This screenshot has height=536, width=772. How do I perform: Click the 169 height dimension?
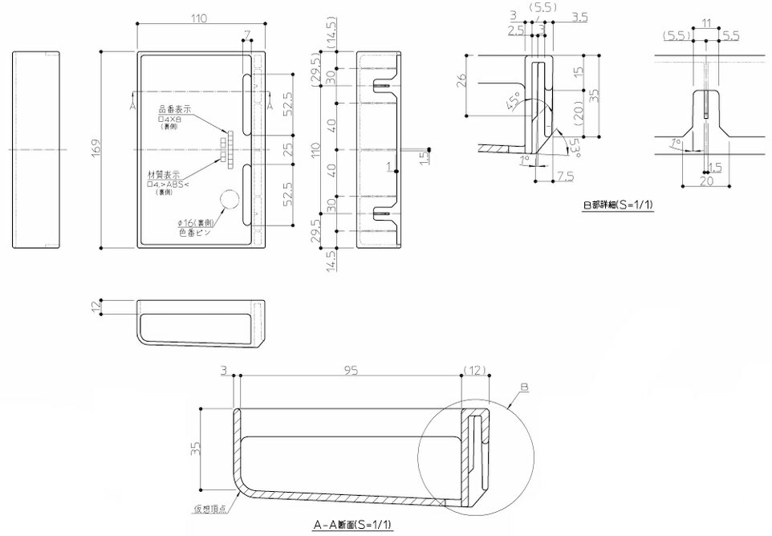pos(95,149)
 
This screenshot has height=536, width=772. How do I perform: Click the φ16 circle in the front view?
pos(230,202)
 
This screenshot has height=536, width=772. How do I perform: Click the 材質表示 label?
pos(164,176)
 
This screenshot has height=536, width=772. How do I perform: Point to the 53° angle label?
pos(574,144)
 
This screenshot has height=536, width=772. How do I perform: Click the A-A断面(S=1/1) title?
pos(356,526)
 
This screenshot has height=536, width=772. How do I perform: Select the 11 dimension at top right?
pos(705,23)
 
